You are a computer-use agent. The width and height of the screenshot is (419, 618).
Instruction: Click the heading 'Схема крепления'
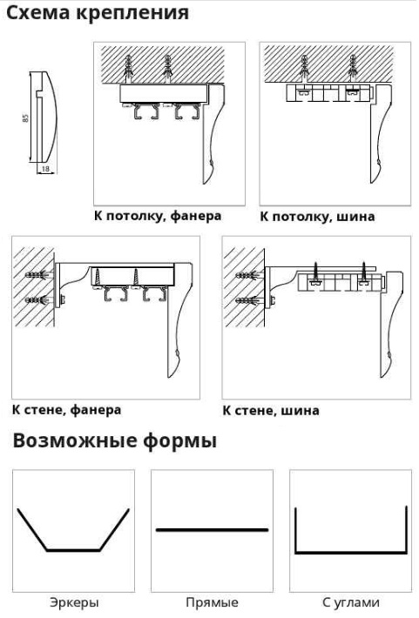pyautogui.click(x=98, y=12)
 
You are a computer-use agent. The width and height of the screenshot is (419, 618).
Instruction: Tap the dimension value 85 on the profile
pyautogui.click(x=25, y=118)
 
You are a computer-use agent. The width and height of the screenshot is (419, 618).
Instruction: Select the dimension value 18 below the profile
pyautogui.click(x=46, y=169)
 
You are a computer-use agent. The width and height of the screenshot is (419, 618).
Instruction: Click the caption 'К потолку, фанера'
pyautogui.click(x=158, y=216)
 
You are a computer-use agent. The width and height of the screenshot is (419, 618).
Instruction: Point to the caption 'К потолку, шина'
pyautogui.click(x=317, y=217)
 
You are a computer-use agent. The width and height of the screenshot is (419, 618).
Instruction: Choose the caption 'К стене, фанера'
pyautogui.click(x=67, y=410)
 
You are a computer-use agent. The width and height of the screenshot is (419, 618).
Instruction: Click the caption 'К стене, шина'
pyautogui.click(x=271, y=410)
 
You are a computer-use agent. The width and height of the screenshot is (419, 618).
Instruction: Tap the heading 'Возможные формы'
pyautogui.click(x=115, y=440)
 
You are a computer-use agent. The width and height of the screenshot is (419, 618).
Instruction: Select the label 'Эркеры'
pyautogui.click(x=74, y=602)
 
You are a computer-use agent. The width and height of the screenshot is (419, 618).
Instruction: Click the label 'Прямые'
pyautogui.click(x=212, y=602)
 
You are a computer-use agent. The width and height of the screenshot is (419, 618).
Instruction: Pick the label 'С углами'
pyautogui.click(x=351, y=602)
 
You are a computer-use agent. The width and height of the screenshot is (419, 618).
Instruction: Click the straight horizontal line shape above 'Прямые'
pyautogui.click(x=213, y=530)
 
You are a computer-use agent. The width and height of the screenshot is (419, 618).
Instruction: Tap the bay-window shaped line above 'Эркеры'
pyautogui.click(x=73, y=550)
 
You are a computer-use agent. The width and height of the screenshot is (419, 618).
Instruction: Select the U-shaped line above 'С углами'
pyautogui.click(x=351, y=553)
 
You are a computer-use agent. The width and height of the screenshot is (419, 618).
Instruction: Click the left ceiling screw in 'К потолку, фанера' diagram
pyautogui.click(x=129, y=69)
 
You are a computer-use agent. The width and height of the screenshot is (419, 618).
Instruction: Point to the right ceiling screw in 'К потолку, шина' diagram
pyautogui.click(x=353, y=69)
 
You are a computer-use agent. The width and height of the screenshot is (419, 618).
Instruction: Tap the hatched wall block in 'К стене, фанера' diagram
pyautogui.click(x=34, y=287)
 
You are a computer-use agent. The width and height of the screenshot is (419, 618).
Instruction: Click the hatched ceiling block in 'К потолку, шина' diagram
pyautogui.click(x=328, y=64)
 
